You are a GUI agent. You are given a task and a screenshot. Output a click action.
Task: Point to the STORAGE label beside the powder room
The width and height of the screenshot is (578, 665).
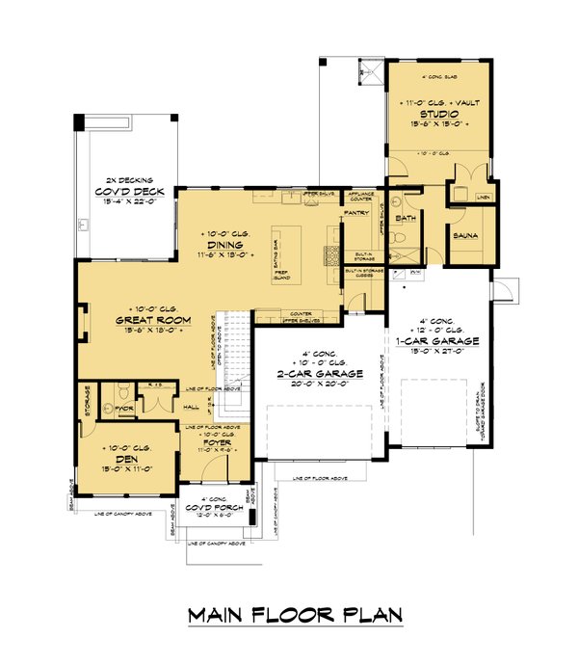pos(88,399)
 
